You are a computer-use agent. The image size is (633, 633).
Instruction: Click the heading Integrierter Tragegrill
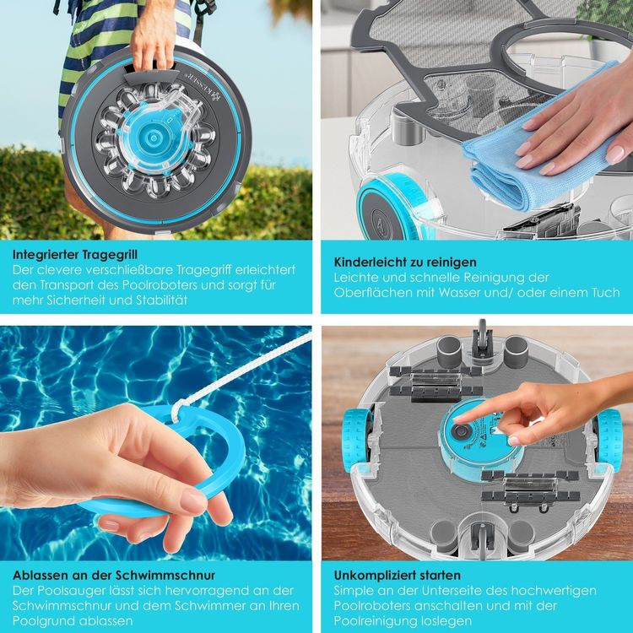(x=75, y=254)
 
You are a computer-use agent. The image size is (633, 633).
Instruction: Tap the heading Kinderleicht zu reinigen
(x=405, y=262)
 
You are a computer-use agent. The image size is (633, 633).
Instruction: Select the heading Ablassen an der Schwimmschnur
(x=114, y=575)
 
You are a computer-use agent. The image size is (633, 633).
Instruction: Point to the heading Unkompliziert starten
(x=398, y=575)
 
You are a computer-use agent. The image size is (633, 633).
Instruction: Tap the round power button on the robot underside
(x=459, y=431)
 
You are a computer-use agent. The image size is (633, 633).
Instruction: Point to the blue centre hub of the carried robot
(x=154, y=138)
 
